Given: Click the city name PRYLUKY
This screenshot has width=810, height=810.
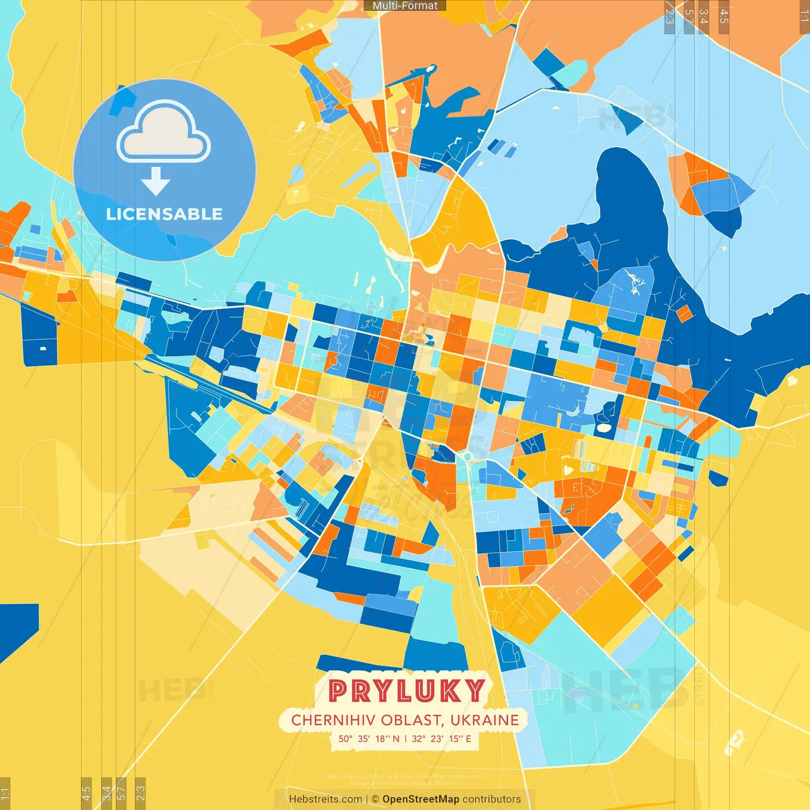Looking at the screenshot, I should tap(406, 691).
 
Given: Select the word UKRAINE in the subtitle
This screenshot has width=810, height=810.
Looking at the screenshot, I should tap(484, 720).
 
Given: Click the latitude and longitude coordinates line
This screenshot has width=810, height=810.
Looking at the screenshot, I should tap(405, 738).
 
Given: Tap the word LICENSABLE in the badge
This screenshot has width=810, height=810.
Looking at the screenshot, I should tap(164, 214).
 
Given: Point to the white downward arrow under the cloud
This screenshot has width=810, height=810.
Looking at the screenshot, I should tap(156, 181).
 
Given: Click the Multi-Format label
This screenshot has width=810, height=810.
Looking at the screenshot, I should tap(405, 6).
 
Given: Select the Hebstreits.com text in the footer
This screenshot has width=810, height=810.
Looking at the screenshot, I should tap(325, 799).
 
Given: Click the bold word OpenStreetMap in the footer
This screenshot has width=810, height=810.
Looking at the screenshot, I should tap(421, 799).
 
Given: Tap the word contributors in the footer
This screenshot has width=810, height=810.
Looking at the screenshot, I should tap(492, 799).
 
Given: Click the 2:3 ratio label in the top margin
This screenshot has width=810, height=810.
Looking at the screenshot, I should tap(670, 16).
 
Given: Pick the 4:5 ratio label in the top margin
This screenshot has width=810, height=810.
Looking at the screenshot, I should tap(724, 16).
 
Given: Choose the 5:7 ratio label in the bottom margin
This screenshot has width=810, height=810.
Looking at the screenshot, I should tap(121, 792).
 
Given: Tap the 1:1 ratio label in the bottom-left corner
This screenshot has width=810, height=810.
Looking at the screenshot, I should tap(5, 792).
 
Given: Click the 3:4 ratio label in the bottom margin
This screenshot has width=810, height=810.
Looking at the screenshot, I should tap(106, 792).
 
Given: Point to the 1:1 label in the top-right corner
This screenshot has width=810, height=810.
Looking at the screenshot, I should tap(804, 16).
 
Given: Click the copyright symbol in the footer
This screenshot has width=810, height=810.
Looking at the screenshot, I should tap(375, 799).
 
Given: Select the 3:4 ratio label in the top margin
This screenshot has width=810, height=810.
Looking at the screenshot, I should tap(704, 16).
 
